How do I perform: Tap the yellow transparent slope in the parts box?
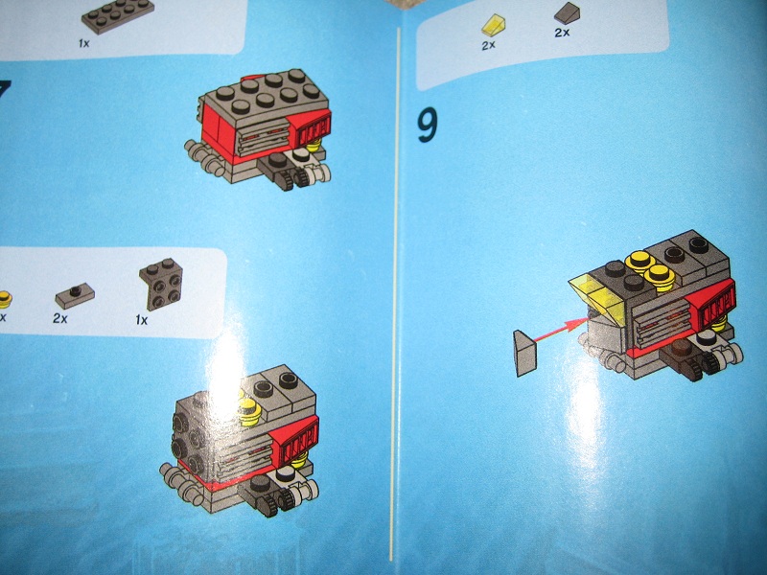(x=494, y=24)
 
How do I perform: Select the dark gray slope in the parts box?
(x=567, y=13)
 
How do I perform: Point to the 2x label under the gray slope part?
(x=562, y=33)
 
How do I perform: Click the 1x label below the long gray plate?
(x=83, y=44)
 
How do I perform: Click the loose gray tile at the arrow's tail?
(x=525, y=352)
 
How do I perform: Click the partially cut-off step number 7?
(x=5, y=96)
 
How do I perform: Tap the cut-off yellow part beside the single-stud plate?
(x=4, y=296)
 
